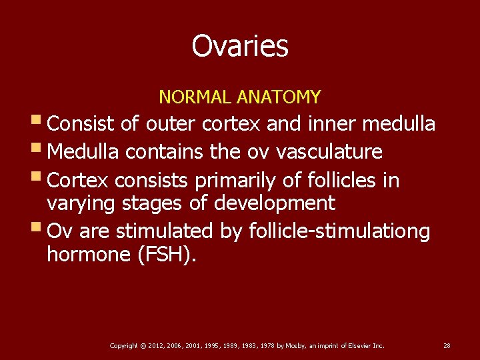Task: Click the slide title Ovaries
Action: click(240, 47)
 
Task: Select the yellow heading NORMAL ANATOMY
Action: click(239, 97)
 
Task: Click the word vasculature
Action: click(329, 152)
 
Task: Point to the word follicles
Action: click(344, 181)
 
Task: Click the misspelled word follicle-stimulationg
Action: click(339, 231)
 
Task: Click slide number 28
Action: click(447, 345)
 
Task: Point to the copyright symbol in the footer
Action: click(143, 345)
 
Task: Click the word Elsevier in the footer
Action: click(354, 345)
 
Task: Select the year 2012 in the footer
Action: click(157, 345)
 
